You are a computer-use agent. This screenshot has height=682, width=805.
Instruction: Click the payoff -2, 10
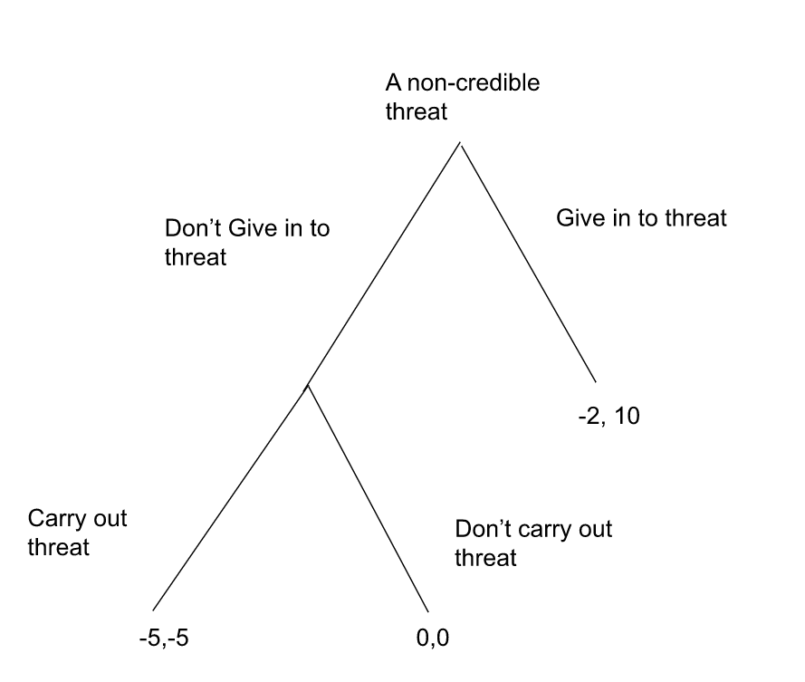click(608, 418)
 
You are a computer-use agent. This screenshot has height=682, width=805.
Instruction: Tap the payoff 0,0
click(432, 638)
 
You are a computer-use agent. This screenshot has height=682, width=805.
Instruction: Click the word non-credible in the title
click(473, 84)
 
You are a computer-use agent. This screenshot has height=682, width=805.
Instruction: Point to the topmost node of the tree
click(460, 143)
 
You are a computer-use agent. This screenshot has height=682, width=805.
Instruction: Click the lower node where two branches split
click(307, 386)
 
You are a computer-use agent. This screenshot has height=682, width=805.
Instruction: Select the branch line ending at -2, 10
click(528, 263)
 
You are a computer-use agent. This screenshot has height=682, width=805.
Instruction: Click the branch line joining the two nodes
click(384, 264)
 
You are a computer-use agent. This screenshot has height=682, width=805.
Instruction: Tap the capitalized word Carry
click(56, 520)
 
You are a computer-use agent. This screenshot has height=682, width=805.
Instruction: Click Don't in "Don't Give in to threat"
click(192, 229)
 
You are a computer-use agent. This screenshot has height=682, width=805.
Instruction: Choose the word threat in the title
click(416, 111)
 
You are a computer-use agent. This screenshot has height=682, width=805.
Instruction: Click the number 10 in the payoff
click(626, 418)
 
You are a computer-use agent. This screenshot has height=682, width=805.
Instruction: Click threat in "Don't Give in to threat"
click(195, 256)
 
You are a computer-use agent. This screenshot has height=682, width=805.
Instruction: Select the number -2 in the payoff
click(589, 418)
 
